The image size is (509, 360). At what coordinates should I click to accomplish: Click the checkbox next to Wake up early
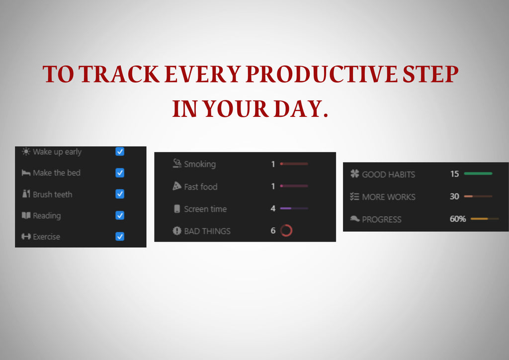click(120, 152)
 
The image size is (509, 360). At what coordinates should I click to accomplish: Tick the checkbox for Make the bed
click(120, 173)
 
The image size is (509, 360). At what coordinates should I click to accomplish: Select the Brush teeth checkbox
click(120, 194)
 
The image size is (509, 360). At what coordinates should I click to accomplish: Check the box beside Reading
click(120, 215)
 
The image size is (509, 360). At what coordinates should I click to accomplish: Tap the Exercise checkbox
click(120, 237)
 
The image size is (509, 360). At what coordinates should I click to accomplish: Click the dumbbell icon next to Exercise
click(26, 237)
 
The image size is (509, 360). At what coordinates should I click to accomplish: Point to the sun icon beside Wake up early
click(26, 152)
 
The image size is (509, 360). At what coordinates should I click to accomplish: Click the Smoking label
click(200, 164)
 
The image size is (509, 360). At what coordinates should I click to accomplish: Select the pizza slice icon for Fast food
click(177, 186)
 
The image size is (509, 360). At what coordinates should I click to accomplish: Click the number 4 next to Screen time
click(273, 209)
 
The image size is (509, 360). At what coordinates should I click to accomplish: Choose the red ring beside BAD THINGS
click(286, 231)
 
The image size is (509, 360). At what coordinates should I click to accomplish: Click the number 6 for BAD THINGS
click(273, 231)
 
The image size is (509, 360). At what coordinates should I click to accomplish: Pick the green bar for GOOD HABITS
click(478, 174)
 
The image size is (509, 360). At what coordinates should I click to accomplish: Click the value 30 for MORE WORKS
click(454, 196)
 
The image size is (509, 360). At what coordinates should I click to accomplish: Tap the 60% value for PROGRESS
click(458, 219)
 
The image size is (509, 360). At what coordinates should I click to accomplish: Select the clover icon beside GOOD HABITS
click(354, 174)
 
